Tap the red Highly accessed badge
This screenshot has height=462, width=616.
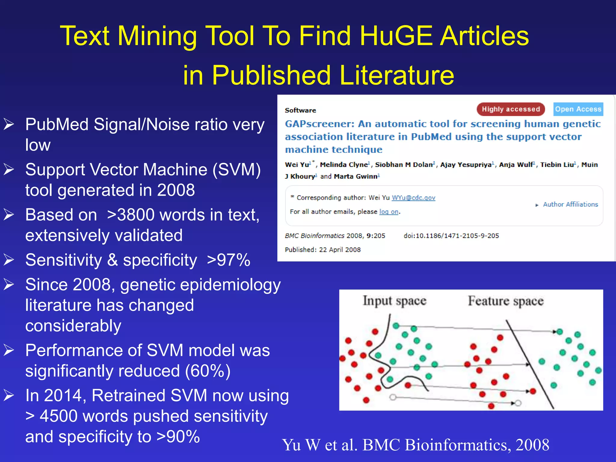(x=511, y=109)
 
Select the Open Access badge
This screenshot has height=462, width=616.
(x=578, y=109)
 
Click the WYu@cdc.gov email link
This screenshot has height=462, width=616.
(x=413, y=198)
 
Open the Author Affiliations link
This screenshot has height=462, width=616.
(x=570, y=205)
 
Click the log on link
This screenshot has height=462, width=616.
(x=389, y=212)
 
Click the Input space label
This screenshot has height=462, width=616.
(x=394, y=301)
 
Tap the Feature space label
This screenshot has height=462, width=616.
(x=506, y=301)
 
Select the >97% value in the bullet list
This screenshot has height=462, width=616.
(x=229, y=260)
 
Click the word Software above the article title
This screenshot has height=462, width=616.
(x=300, y=110)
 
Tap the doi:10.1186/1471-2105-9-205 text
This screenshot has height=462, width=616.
(x=451, y=236)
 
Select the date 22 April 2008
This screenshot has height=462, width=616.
(x=340, y=250)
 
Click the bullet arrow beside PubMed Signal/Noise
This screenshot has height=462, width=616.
(x=9, y=124)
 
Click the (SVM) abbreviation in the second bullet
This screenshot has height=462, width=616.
(x=237, y=170)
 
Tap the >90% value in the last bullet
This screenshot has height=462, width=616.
(x=178, y=437)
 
